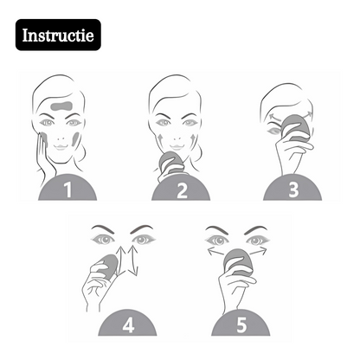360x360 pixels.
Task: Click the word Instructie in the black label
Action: click(x=58, y=35)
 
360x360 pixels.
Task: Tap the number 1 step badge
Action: click(x=67, y=188)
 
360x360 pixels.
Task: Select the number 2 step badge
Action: click(x=181, y=188)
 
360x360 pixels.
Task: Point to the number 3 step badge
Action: click(x=292, y=188)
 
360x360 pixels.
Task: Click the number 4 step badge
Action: click(x=127, y=323)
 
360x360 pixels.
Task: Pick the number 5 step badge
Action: click(x=241, y=323)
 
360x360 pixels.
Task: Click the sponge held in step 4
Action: click(x=108, y=266)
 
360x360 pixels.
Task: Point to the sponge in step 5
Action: click(x=238, y=262)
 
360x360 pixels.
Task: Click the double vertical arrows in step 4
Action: click(x=128, y=260)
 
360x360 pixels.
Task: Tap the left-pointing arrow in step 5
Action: click(x=217, y=252)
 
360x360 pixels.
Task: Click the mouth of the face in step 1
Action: click(x=61, y=147)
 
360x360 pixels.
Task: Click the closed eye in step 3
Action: click(x=273, y=132)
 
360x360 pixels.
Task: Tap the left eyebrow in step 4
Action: click(x=103, y=229)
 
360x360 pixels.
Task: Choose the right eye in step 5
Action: click(x=257, y=241)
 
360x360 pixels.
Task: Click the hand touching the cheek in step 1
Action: click(x=44, y=156)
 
